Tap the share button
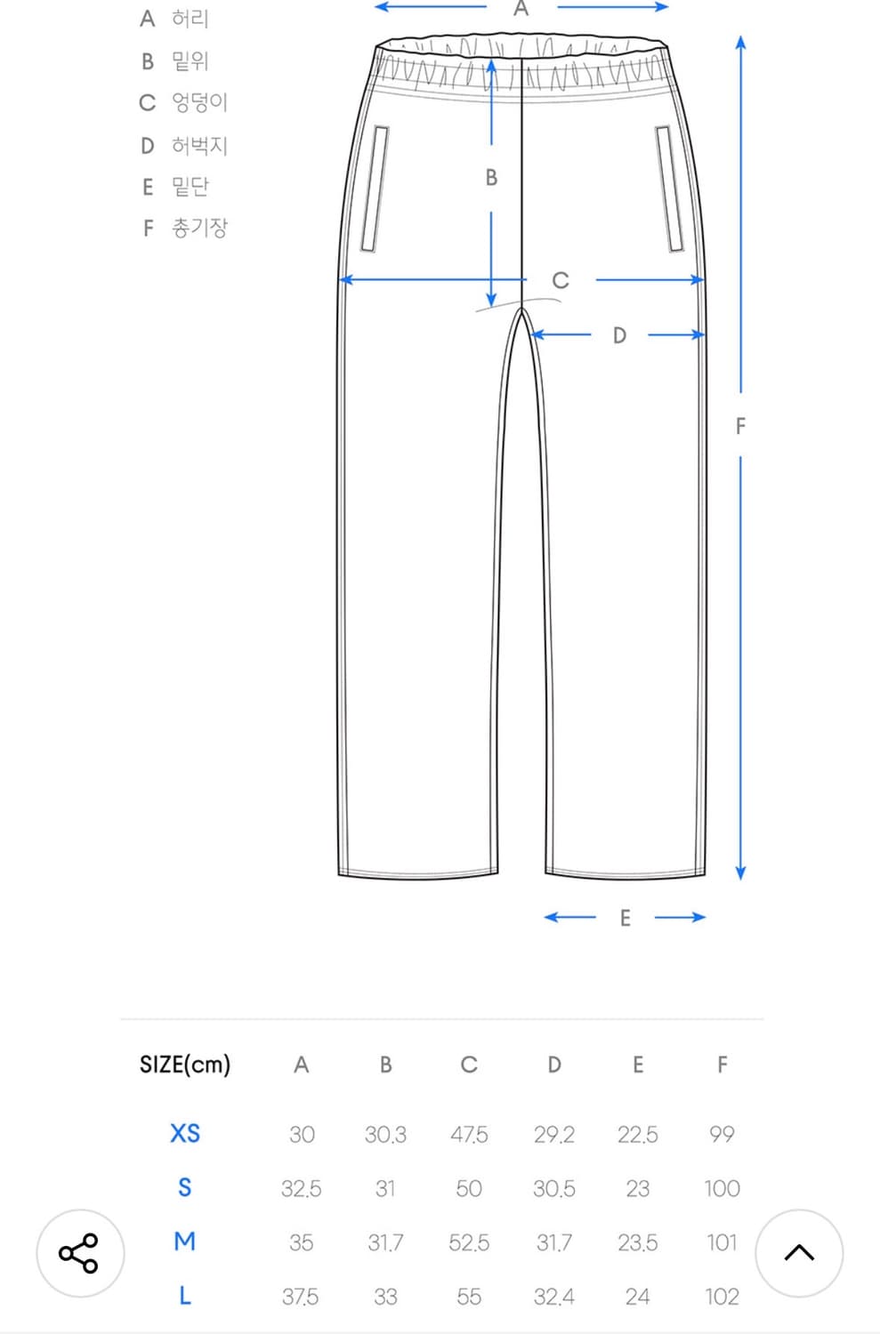80,1253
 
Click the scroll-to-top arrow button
799,1253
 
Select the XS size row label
185,1133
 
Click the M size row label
185,1242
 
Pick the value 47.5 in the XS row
469,1135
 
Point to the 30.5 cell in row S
554,1189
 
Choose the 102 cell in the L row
723,1297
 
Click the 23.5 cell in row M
637,1243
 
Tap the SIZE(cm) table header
185,1065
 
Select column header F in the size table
723,1065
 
